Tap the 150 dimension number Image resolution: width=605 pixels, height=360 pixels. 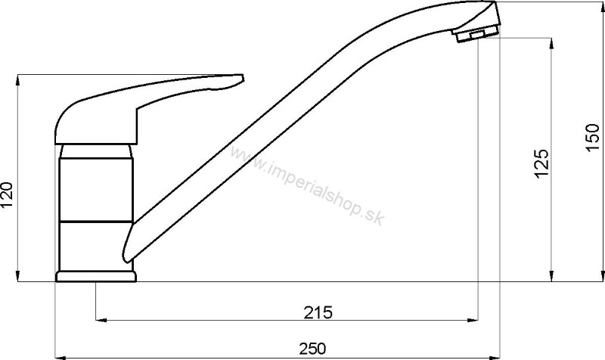pos(593,138)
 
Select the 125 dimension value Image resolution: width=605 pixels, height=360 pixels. pos(541,163)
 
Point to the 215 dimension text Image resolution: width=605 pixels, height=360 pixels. pos(318,312)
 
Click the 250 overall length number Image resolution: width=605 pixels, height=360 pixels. pos(312,349)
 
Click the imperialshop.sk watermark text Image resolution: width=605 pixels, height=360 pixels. pos(308,186)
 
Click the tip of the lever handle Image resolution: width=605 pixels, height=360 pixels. pos(242,78)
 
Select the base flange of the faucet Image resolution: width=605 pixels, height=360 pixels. pos(96,277)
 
